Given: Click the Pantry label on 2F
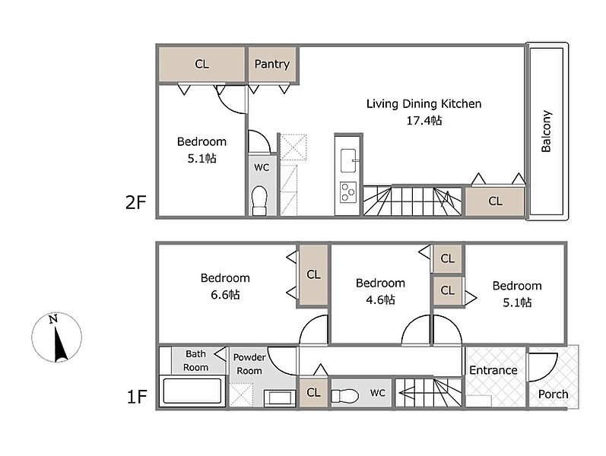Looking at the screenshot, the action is (x=271, y=64).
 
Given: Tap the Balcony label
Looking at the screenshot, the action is (x=546, y=131).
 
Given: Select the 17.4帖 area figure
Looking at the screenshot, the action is (x=424, y=121).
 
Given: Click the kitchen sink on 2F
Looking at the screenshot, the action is (x=348, y=160).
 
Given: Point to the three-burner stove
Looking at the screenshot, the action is (x=348, y=192).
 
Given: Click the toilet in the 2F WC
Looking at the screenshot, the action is (x=260, y=201).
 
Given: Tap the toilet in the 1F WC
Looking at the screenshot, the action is (x=344, y=395).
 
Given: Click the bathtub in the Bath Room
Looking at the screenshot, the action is (x=192, y=391).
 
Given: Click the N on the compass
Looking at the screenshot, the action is (x=53, y=319).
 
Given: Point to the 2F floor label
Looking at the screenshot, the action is (x=135, y=202).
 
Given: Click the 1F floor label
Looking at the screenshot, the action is (x=137, y=397).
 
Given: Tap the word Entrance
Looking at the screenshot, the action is (x=493, y=370).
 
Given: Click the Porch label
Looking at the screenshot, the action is (x=553, y=394).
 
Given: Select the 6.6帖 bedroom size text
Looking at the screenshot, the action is (x=225, y=295).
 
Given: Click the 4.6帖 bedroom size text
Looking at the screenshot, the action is (x=380, y=299).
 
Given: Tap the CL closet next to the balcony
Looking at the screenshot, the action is (x=495, y=201).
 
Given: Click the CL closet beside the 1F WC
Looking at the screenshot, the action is (x=313, y=393).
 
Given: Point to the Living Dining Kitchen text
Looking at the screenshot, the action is (x=424, y=103).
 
